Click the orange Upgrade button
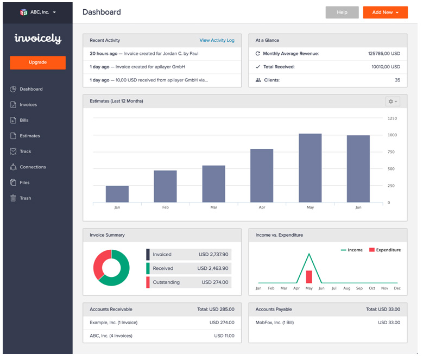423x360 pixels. tap(37, 62)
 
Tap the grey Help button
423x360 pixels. tap(342, 12)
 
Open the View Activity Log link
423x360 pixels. tap(217, 40)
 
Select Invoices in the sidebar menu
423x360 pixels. tap(28, 105)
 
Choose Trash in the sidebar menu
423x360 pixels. tap(25, 198)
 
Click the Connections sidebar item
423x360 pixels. tap(33, 167)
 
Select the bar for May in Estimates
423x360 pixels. tap(310, 168)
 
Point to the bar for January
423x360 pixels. tap(117, 194)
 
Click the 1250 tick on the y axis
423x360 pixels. tap(392, 118)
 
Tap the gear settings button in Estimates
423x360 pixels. tap(392, 102)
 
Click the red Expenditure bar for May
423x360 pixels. tap(309, 276)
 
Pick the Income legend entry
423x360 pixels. tap(351, 250)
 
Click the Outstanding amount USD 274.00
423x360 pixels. tap(215, 282)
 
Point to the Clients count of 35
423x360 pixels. tap(397, 80)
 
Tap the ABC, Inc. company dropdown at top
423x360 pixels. tap(37, 12)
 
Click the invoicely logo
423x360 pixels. tap(37, 39)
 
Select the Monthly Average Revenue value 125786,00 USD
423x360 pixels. tap(383, 54)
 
